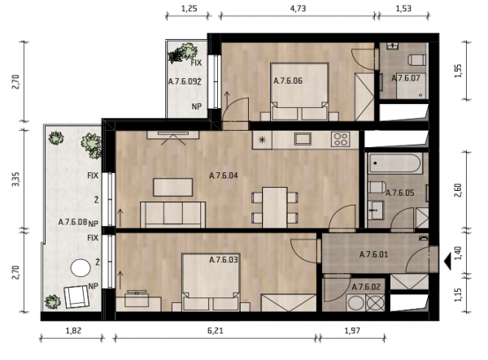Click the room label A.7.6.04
(x=224, y=176)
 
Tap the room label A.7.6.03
(x=224, y=259)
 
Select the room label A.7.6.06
(x=288, y=80)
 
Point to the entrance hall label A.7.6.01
(x=373, y=255)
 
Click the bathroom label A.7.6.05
(x=400, y=193)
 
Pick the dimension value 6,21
(x=215, y=331)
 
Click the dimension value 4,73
(x=298, y=8)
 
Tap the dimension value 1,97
(x=352, y=331)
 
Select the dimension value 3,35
(x=15, y=180)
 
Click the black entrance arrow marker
(x=447, y=261)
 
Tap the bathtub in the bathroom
(x=395, y=163)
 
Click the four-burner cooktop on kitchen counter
(x=341, y=139)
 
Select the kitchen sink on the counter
(x=303, y=139)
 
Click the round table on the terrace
(x=81, y=268)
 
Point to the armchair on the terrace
(x=76, y=297)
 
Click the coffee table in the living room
(x=173, y=187)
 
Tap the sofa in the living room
(x=172, y=215)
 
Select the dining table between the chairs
(x=275, y=207)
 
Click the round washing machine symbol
(x=355, y=302)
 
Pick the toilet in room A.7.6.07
(x=417, y=59)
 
